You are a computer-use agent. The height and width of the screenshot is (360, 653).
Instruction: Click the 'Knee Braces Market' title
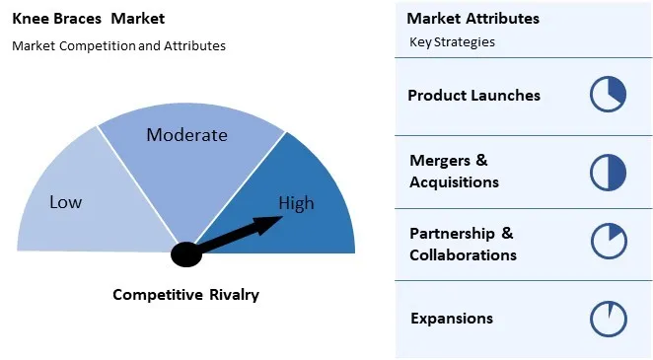click(88, 19)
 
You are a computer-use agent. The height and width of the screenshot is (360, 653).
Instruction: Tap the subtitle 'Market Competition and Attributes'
click(118, 45)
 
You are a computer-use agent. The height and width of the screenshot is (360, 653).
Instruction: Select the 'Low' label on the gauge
click(66, 202)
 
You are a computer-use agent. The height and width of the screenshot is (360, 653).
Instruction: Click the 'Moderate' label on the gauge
click(186, 135)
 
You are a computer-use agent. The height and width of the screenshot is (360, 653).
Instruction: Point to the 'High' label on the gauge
click(296, 203)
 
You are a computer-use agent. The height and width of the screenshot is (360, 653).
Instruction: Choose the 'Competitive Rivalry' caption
click(185, 294)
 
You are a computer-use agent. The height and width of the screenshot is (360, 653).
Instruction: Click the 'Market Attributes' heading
click(472, 19)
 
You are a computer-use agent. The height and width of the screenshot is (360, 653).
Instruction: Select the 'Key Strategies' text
click(452, 42)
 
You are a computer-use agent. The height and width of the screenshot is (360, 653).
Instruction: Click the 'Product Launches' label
click(473, 96)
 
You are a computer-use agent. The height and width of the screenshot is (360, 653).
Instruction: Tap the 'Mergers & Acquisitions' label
click(454, 171)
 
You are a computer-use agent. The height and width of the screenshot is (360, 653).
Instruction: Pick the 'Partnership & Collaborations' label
click(463, 244)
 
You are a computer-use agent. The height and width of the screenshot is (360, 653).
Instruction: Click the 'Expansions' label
click(451, 319)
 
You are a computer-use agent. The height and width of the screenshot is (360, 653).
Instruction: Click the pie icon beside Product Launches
click(608, 95)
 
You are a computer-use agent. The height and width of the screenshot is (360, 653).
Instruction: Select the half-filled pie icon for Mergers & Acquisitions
click(608, 172)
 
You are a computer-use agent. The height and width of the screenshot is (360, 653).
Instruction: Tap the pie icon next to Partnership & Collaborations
click(608, 243)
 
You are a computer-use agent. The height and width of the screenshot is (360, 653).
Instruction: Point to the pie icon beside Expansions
click(608, 319)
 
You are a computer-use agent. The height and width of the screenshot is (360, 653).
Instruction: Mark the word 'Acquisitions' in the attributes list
click(454, 182)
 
